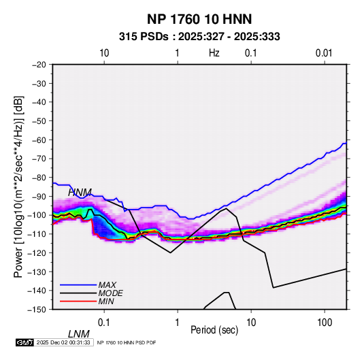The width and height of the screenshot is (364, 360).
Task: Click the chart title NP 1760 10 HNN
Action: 199,19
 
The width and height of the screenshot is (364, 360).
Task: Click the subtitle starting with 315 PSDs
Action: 199,37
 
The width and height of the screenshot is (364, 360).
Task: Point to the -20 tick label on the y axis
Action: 39,65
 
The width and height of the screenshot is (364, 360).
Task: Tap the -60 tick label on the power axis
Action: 39,140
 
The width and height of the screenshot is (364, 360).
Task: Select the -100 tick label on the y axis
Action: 37,215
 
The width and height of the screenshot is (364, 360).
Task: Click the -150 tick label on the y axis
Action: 37,310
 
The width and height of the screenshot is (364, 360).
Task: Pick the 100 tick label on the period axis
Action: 325,323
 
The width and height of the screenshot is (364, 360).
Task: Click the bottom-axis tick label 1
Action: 177,323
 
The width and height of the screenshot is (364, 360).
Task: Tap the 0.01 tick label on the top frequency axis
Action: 324,53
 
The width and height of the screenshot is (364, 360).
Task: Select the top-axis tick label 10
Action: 104,53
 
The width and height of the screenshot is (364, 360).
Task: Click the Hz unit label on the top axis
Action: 214,53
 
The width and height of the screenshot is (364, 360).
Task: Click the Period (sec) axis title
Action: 214,330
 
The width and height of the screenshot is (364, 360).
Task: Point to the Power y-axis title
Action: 18,186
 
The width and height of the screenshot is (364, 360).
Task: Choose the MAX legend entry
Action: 107,285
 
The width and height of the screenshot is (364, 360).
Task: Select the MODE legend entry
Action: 110,293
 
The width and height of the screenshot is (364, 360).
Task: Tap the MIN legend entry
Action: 106,301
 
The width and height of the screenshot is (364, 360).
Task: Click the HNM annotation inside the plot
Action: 80,193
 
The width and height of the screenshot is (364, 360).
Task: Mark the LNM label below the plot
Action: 79,334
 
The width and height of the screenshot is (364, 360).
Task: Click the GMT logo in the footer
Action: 25,342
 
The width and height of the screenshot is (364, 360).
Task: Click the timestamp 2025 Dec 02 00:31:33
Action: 63,342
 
